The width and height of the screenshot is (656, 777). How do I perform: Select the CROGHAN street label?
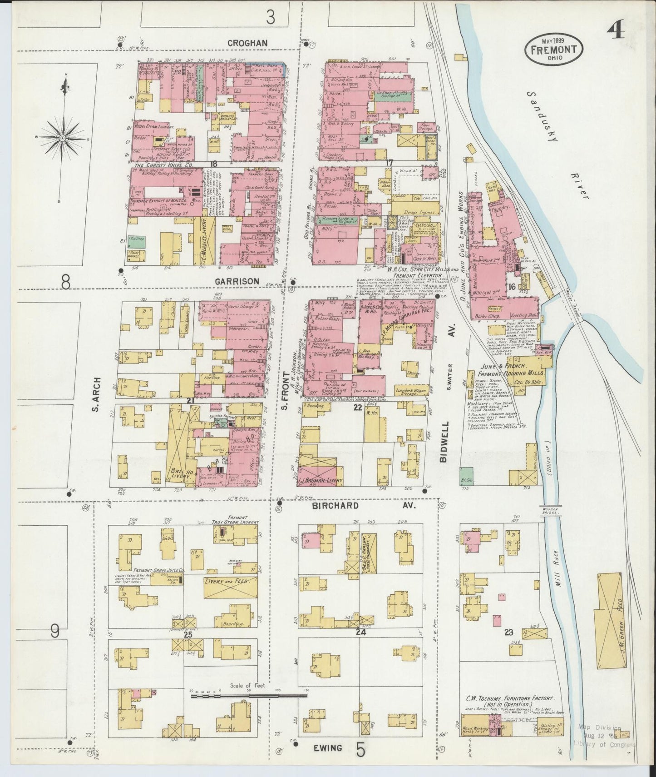[247, 43]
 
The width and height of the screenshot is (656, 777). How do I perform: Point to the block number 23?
[509, 632]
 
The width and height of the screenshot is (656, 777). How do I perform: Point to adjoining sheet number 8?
[66, 283]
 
